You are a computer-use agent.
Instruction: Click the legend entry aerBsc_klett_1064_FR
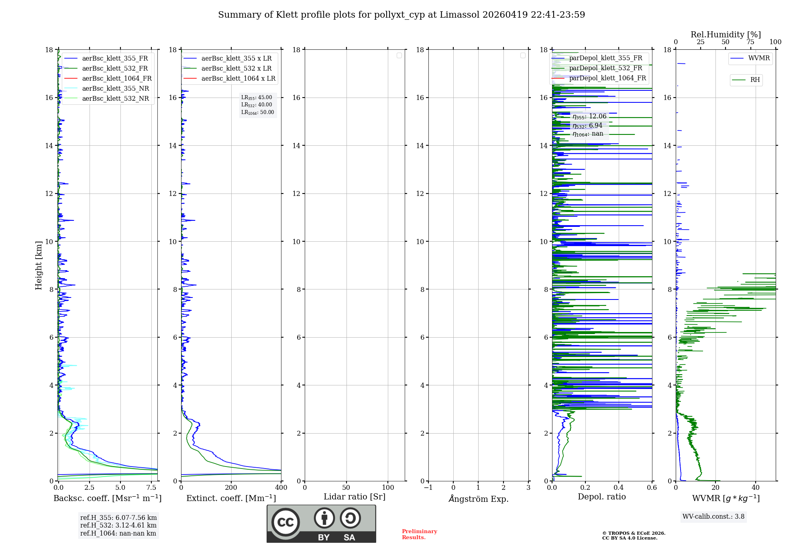coord(116,78)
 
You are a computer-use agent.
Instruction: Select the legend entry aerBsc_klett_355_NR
coord(115,88)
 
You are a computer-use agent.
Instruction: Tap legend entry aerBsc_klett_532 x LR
coord(236,68)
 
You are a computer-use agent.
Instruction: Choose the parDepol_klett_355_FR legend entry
coord(605,58)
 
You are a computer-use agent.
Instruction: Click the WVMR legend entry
coord(759,58)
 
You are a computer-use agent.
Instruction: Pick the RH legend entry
coord(755,80)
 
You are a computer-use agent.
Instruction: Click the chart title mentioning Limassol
coord(401,15)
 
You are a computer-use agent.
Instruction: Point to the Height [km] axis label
coord(39,265)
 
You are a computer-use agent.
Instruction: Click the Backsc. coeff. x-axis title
coord(108,498)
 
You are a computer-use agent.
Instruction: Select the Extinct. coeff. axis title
coord(231,498)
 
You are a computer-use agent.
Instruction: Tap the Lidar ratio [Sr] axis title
coord(355,497)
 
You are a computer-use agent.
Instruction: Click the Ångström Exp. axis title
coord(479,499)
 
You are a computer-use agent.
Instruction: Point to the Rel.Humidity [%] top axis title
coord(726,35)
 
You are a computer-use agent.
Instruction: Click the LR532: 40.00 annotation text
coord(257,105)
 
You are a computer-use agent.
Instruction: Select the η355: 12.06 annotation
coord(589,116)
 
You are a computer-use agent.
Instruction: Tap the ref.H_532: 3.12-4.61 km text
coord(118,525)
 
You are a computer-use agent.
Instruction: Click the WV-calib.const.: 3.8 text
coord(713,517)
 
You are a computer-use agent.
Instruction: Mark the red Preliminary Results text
coord(419,534)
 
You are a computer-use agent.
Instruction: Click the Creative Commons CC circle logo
coord(285,522)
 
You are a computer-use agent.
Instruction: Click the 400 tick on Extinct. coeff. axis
coord(281,488)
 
